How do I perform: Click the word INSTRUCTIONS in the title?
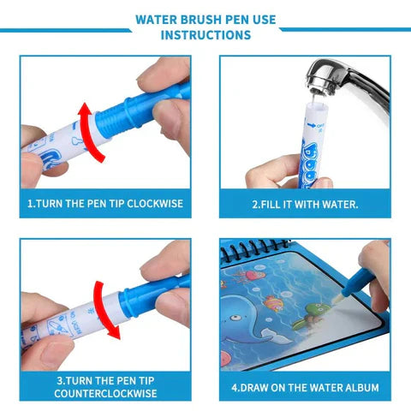[205, 35]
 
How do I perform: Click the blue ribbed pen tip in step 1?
[128, 112]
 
